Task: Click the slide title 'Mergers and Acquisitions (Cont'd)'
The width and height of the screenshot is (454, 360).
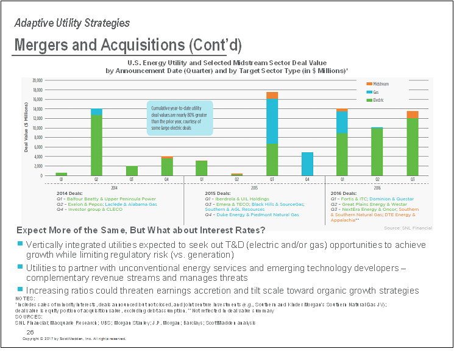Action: click(127, 45)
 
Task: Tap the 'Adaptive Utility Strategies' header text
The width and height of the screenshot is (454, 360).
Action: click(72, 23)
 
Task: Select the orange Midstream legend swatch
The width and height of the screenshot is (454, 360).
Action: click(369, 83)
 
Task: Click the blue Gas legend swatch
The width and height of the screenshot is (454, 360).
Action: click(369, 91)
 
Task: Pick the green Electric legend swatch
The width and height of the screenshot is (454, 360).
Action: click(369, 99)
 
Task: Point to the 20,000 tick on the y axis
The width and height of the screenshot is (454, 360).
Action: click(37, 80)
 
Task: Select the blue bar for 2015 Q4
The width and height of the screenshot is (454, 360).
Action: click(307, 164)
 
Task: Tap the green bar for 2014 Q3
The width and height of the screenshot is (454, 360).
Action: click(132, 171)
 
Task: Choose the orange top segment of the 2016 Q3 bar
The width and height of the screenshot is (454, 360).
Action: click(413, 115)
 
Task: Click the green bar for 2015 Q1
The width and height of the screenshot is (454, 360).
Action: click(202, 168)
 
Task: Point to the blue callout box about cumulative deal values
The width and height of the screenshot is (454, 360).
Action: click(179, 117)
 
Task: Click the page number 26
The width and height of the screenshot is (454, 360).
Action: click(30, 331)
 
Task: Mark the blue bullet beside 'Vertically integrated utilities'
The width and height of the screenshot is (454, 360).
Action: click(20, 244)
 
